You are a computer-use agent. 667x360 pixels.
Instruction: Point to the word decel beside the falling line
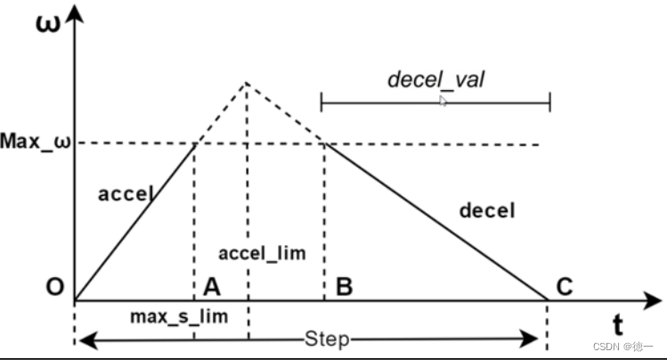point(487,211)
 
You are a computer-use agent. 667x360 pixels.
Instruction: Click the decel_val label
point(435,79)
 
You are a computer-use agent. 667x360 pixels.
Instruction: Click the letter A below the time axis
point(210,287)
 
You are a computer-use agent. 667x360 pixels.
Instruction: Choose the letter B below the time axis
point(345,287)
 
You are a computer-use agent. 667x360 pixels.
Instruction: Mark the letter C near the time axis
point(564,286)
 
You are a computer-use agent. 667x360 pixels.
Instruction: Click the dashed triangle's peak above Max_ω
point(246,83)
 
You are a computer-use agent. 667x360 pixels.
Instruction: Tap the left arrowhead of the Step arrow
point(81,340)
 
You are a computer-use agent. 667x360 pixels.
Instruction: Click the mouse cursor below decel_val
point(443,102)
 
